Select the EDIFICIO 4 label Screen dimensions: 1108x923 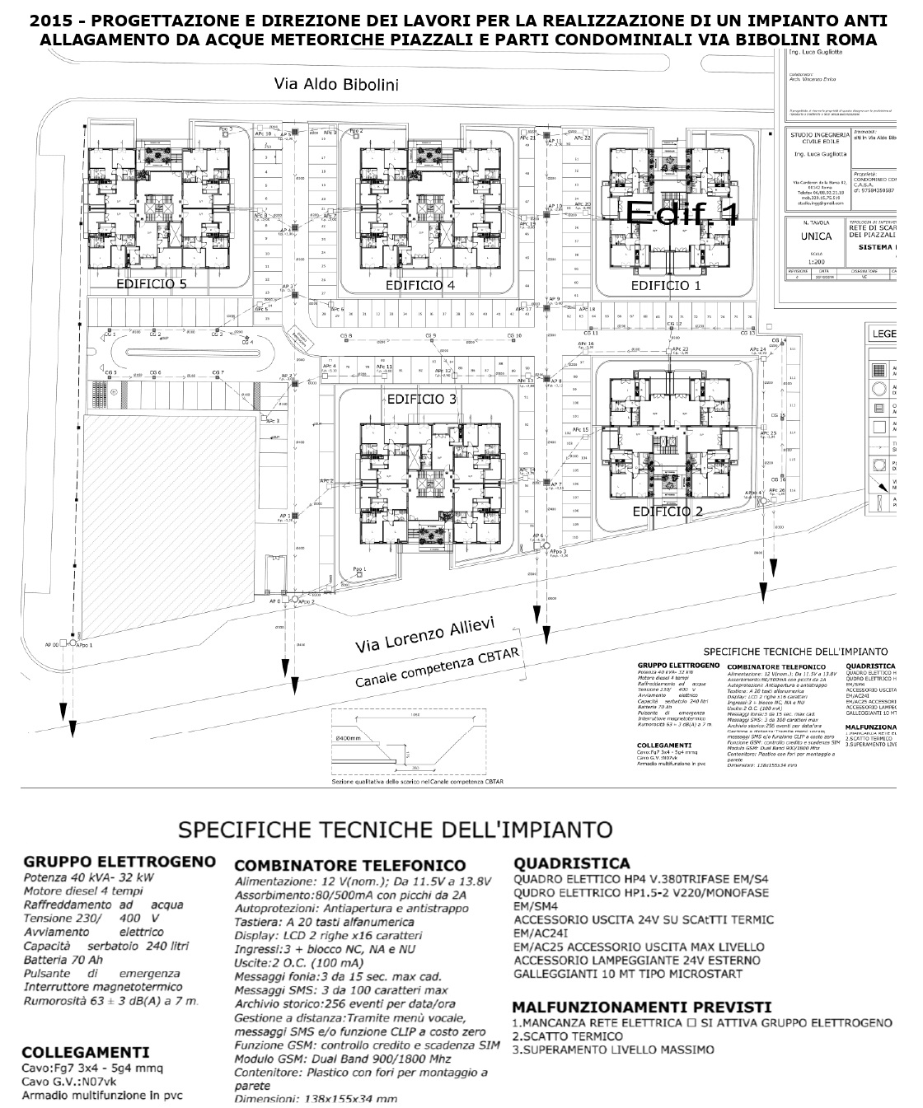pyautogui.click(x=420, y=285)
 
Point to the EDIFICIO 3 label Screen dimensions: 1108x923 pyautogui.click(x=421, y=399)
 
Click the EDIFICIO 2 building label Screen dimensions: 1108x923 pyautogui.click(x=668, y=512)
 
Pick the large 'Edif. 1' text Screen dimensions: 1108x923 pyautogui.click(x=681, y=213)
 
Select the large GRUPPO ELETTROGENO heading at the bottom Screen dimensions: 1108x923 pyautogui.click(x=119, y=862)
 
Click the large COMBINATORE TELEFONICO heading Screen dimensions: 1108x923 pyautogui.click(x=350, y=866)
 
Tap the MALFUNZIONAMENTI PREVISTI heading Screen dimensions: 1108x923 pyautogui.click(x=641, y=1007)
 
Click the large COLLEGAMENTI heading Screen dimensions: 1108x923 pyautogui.click(x=86, y=1052)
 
